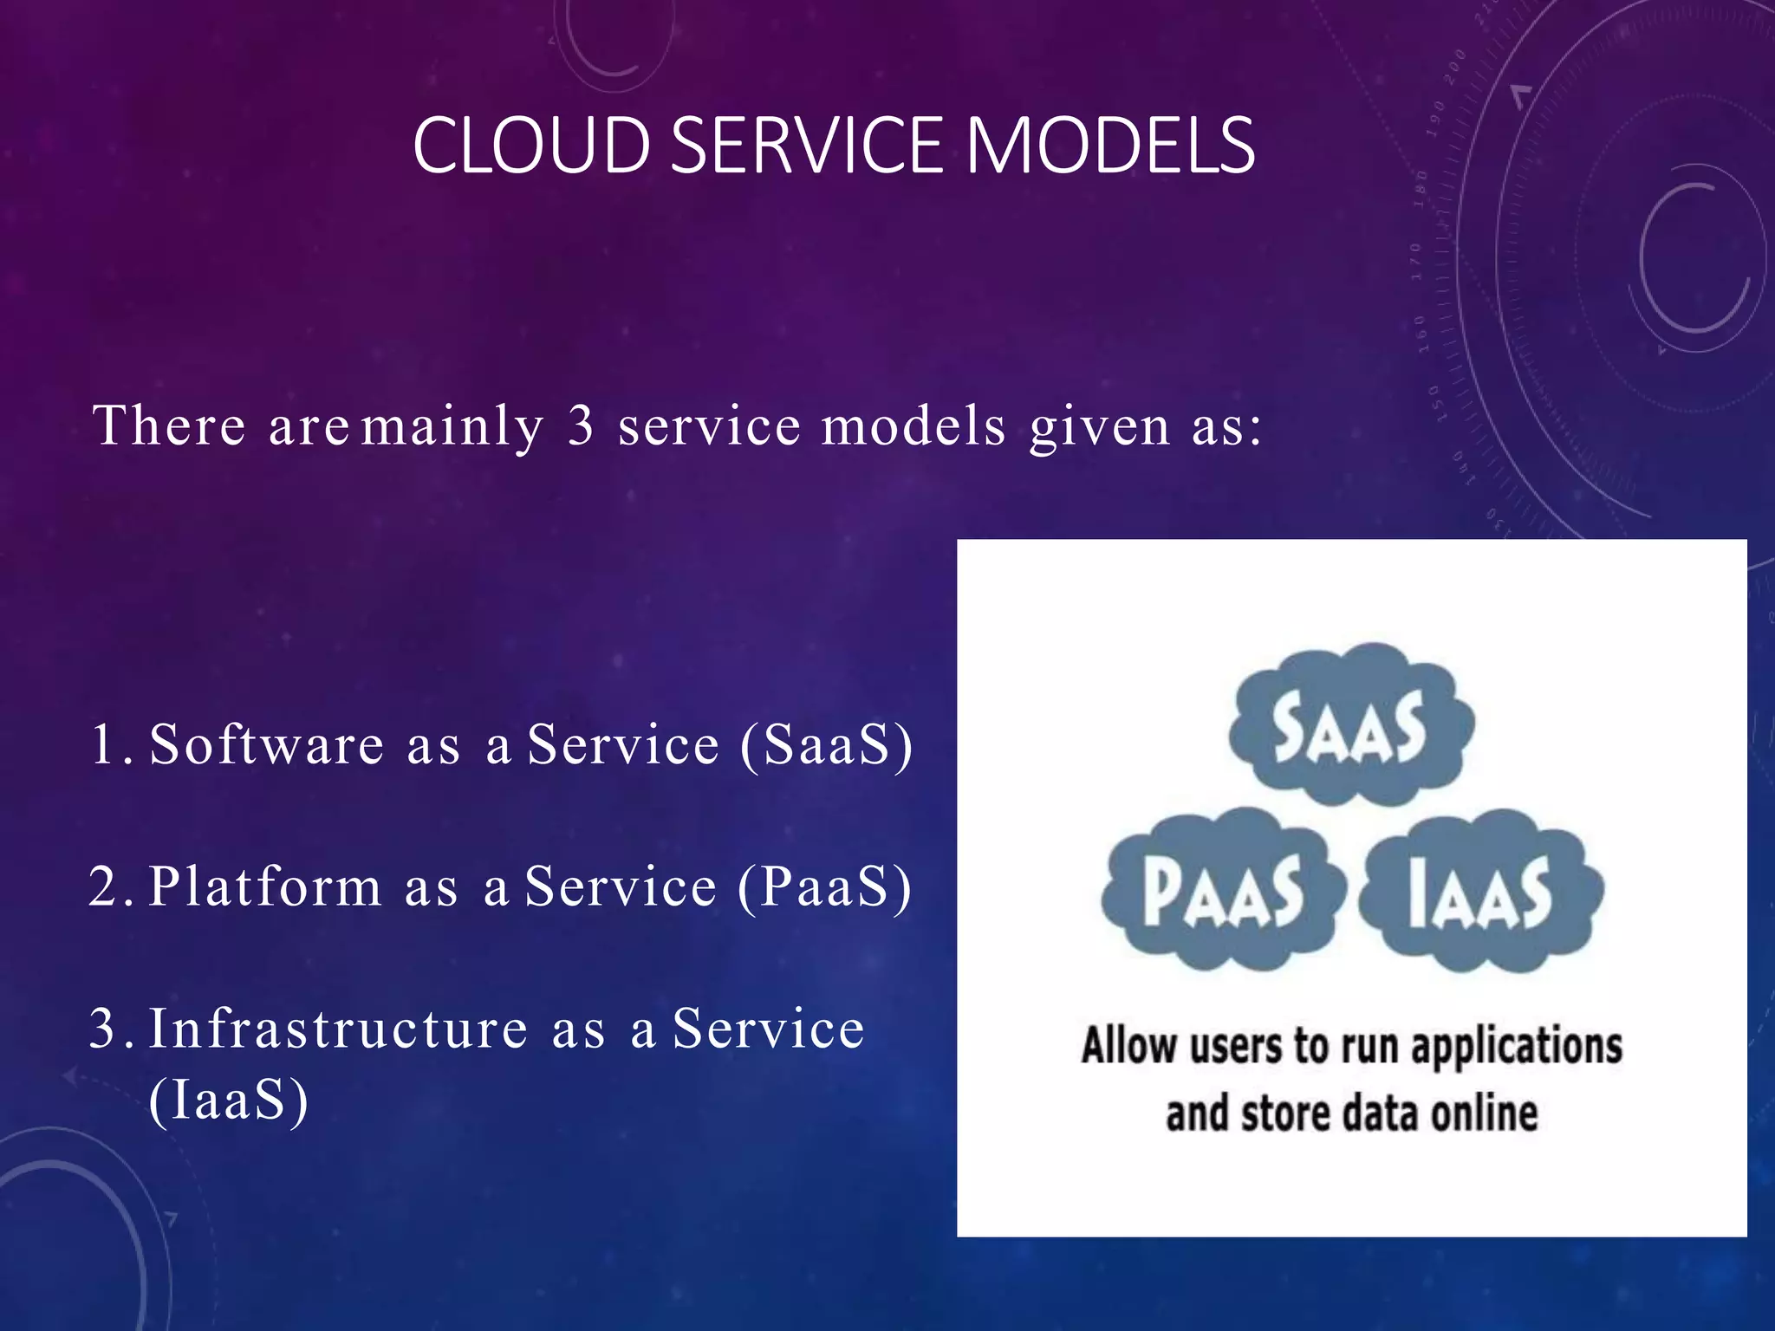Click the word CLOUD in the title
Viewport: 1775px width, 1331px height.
(530, 145)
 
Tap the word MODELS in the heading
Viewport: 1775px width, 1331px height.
(1110, 145)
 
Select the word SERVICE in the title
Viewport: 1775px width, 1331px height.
(807, 145)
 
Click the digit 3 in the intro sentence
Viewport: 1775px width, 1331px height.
(581, 426)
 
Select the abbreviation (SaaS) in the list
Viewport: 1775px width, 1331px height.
(827, 744)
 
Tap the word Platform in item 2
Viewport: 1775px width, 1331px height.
(265, 886)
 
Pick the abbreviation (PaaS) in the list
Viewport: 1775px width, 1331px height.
(825, 886)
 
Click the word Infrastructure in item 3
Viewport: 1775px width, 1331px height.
(338, 1029)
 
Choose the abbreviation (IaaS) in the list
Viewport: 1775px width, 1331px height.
(229, 1100)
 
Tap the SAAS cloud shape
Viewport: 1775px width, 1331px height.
(1349, 726)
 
